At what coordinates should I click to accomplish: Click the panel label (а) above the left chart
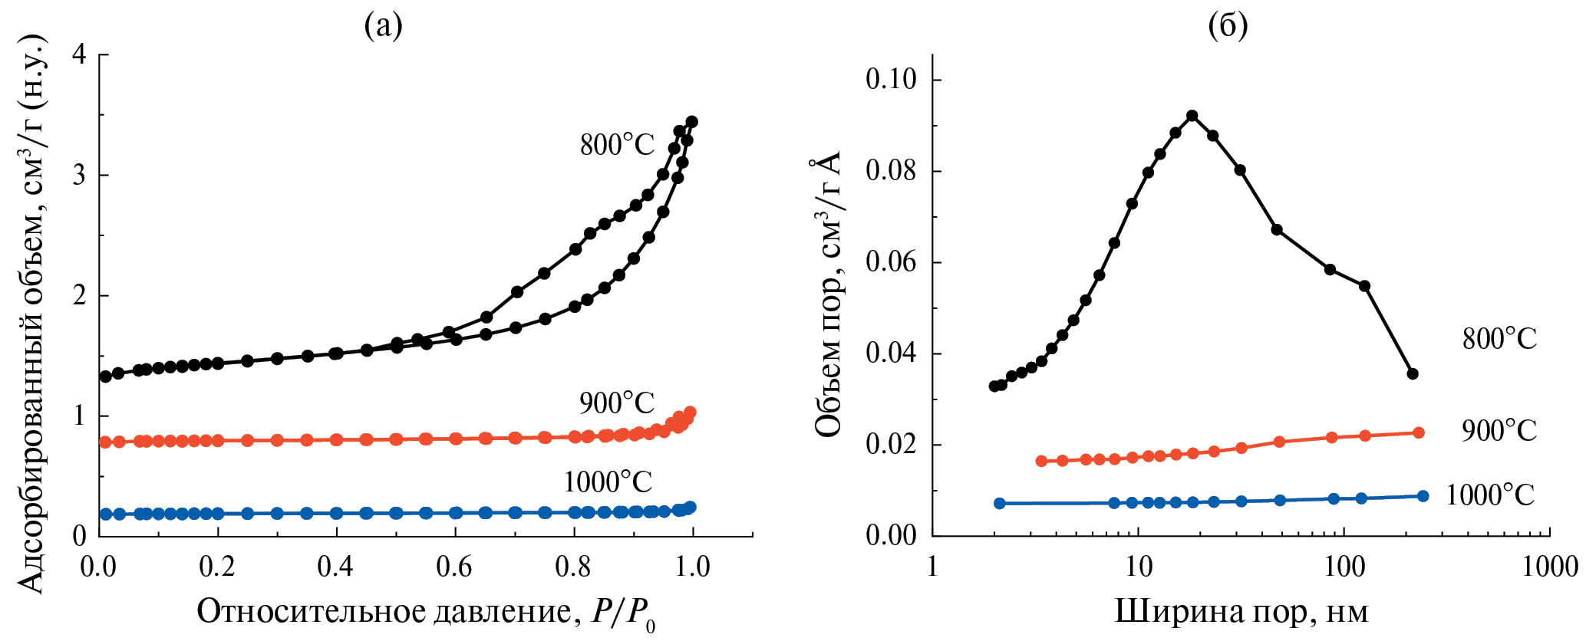coord(383,27)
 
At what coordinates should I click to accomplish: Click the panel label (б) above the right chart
coord(1228,27)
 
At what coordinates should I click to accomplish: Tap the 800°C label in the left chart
coord(617,144)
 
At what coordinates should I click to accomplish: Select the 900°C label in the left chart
coord(617,403)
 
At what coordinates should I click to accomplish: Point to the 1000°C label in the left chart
coord(608,482)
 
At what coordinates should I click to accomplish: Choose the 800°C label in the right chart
coord(1499,338)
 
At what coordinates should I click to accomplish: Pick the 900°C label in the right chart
coord(1499,430)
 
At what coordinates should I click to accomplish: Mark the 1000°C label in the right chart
coord(1490,495)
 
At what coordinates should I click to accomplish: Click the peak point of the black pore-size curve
coord(1192,116)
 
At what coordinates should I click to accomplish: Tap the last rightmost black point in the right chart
coord(1413,373)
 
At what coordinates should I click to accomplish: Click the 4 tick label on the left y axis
coord(80,54)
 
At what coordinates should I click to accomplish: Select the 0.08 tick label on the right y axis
coord(891,170)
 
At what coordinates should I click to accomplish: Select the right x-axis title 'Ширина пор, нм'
coord(1241,612)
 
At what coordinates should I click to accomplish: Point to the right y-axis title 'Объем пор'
coord(828,295)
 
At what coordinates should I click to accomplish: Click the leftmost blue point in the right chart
coord(999,503)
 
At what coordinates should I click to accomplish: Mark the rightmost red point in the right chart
coord(1418,432)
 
